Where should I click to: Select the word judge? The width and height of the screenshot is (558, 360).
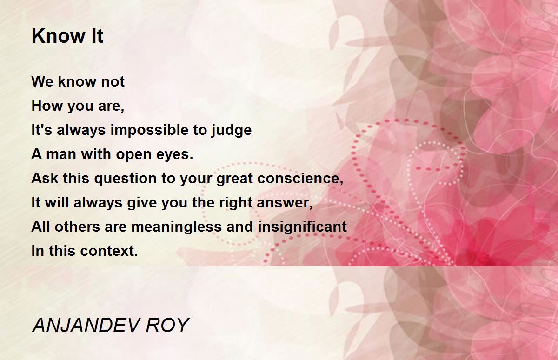pos(232,131)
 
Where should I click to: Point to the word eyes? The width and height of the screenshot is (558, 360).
pos(175,154)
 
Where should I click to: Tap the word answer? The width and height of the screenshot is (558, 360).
pos(285,202)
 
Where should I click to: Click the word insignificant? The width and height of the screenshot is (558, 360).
pos(302,227)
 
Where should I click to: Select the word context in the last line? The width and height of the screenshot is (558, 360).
pos(109,251)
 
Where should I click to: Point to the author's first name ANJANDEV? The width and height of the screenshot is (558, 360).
pos(85,325)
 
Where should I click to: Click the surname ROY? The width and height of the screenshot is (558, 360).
pos(168,325)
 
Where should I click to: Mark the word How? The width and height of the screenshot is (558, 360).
pos(47,106)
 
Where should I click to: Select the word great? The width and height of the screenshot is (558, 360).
pos(235,179)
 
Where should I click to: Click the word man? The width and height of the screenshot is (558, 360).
pos(61,154)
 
